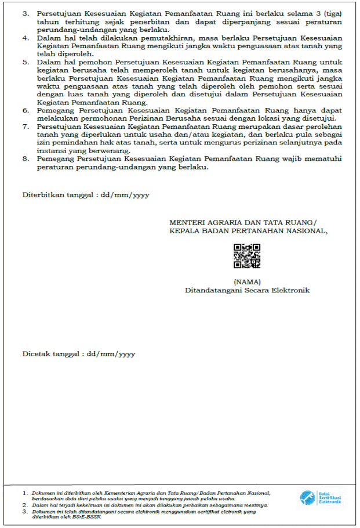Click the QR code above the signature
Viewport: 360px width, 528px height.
[x=246, y=256]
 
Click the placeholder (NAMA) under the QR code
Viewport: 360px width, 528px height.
[x=247, y=281]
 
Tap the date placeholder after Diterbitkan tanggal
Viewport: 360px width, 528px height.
[x=125, y=195]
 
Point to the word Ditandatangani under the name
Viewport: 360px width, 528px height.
[x=212, y=290]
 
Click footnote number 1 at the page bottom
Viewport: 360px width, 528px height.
[x=25, y=493]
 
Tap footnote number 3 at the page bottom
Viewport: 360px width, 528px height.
[x=25, y=511]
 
